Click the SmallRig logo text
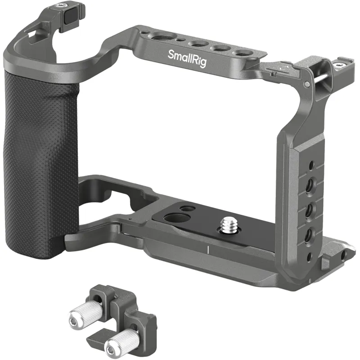pyautogui.click(x=187, y=59)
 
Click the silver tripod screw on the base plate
pyautogui.click(x=227, y=225)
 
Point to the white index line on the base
pyautogui.click(x=208, y=250)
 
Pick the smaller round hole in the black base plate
pyautogui.click(x=188, y=208)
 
